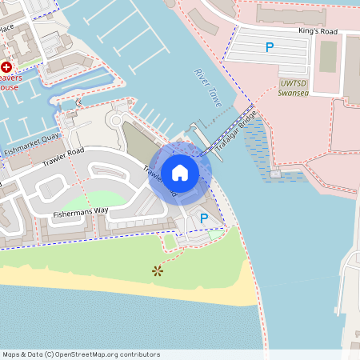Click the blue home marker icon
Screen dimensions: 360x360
179,173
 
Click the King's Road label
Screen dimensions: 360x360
318,31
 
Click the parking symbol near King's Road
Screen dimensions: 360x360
270,47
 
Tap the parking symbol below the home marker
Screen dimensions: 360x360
204,218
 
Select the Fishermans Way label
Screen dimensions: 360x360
80,213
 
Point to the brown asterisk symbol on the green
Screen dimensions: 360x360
157,271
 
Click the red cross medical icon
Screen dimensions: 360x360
7,68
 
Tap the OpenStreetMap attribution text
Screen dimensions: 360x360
80,354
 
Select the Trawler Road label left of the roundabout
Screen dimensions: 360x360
65,156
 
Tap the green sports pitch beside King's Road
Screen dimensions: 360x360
327,57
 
